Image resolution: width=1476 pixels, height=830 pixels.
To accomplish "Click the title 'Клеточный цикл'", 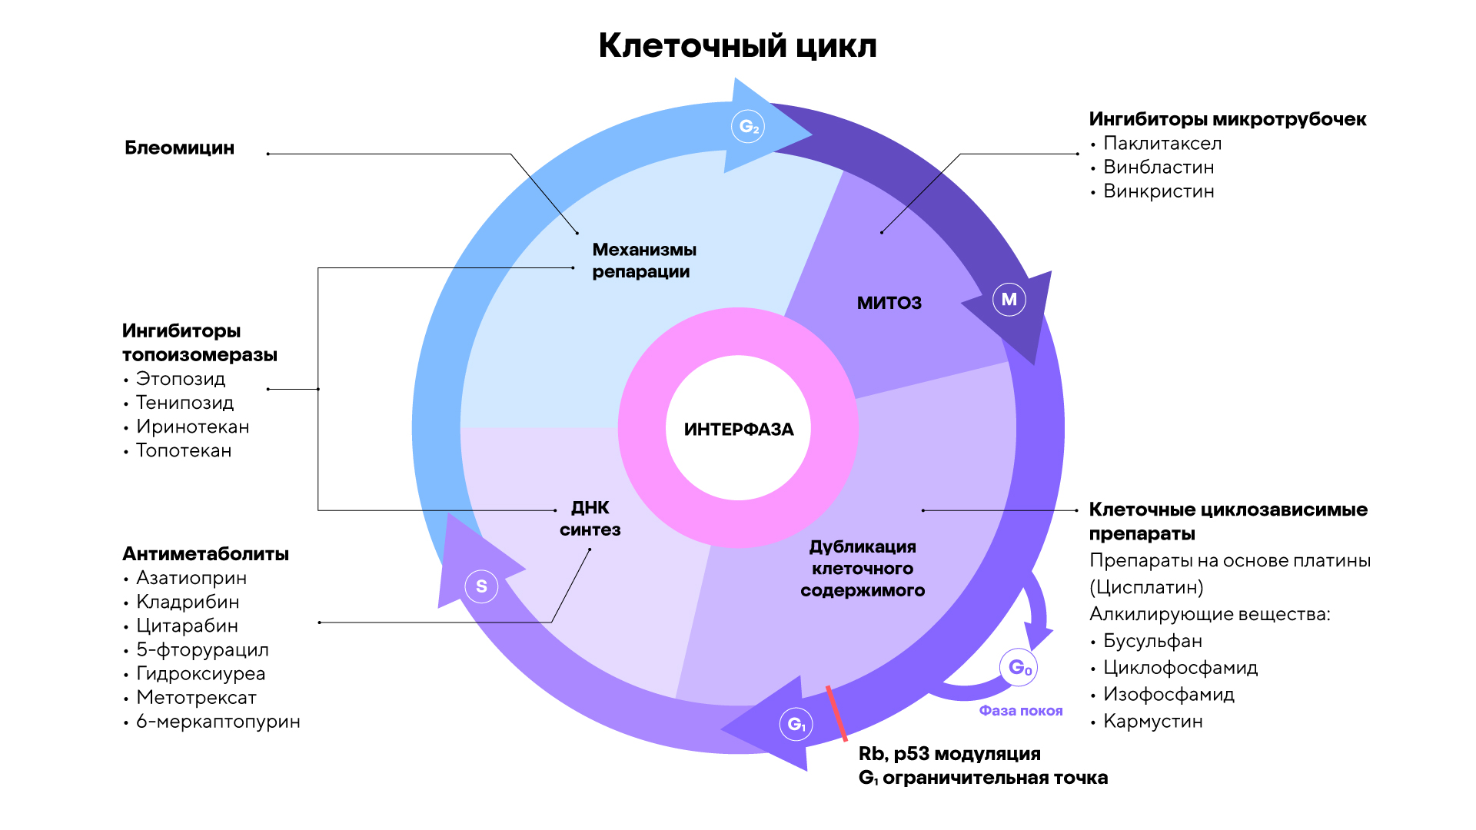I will pos(737,46).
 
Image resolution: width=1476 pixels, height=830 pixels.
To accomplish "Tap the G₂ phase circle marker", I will pos(749,127).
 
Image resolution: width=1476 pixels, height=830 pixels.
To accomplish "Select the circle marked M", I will pos(1009,299).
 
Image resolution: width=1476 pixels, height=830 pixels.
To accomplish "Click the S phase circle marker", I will pos(481,586).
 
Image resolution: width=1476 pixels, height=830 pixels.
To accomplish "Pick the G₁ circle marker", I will pos(796,724).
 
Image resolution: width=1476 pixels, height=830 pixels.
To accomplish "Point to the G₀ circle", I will pos(1019,667).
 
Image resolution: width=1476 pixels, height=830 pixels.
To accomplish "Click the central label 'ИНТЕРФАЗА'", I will pos(739,429).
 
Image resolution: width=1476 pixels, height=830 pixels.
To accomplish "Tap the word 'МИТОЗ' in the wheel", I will pos(889,303).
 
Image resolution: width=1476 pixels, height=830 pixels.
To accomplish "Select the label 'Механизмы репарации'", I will pos(643,261).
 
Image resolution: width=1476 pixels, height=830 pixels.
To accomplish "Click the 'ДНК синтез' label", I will pos(590,519).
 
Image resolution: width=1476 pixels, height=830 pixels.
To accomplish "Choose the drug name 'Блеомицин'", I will pos(180,148).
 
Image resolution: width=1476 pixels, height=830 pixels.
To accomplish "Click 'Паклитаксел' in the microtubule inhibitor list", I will pos(1162,144).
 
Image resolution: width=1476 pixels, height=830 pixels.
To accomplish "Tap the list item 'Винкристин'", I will pos(1159,191).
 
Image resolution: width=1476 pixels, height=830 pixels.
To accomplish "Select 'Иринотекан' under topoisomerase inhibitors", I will pos(192,427).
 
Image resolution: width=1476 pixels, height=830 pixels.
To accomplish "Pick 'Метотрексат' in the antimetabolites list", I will pos(196,698).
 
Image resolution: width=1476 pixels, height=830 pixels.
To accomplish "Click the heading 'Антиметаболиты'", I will pos(205,554).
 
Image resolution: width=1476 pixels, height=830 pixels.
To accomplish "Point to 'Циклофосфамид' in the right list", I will pos(1180,668).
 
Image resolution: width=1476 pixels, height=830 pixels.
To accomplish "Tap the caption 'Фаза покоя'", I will pos(1020,711).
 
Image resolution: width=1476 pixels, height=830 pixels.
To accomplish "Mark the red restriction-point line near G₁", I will pos(836,713).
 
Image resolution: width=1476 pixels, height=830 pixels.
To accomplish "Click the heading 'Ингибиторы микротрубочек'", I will pos(1227,119).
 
